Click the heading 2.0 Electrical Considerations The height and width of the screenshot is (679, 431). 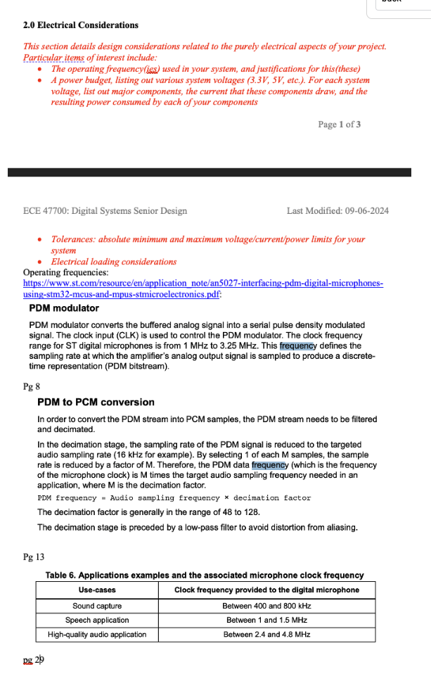pyautogui.click(x=80, y=25)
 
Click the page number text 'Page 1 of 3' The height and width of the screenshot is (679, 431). pyautogui.click(x=339, y=125)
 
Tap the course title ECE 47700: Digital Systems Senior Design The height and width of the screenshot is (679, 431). pyautogui.click(x=105, y=210)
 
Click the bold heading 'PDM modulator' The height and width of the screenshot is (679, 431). pyautogui.click(x=64, y=308)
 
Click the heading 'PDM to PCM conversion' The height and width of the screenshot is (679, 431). pyautogui.click(x=96, y=402)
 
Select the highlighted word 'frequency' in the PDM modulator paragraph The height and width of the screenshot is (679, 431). pyautogui.click(x=299, y=345)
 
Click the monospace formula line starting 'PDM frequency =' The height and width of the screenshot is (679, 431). pyautogui.click(x=174, y=498)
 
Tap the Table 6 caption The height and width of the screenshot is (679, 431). pyautogui.click(x=205, y=576)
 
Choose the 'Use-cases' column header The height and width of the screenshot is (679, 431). pyautogui.click(x=97, y=590)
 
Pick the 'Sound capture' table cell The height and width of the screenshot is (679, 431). pyautogui.click(x=97, y=606)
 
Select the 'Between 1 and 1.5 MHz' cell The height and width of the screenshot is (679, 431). pyautogui.click(x=266, y=620)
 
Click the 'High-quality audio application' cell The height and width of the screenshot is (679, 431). pyautogui.click(x=97, y=635)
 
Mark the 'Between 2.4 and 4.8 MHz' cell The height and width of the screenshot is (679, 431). pyautogui.click(x=266, y=635)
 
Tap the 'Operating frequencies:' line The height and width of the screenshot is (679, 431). pyautogui.click(x=66, y=272)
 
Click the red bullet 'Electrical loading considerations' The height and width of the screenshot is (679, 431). pyautogui.click(x=113, y=262)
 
